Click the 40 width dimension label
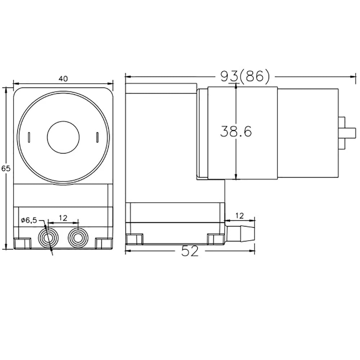pyautogui.click(x=63, y=79)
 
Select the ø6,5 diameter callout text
pyautogui.click(x=29, y=220)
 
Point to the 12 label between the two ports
pyautogui.click(x=63, y=218)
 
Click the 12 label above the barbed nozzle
pyautogui.click(x=240, y=216)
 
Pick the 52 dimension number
pyautogui.click(x=190, y=251)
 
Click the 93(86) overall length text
pyautogui.click(x=244, y=76)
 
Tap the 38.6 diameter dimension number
pyautogui.click(x=236, y=132)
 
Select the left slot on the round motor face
pyautogui.click(x=29, y=137)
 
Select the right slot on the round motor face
pyautogui.click(x=97, y=137)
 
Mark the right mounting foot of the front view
pyautogui.click(x=104, y=243)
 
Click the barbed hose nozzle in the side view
pyautogui.click(x=240, y=233)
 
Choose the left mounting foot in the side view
pyautogui.click(x=134, y=239)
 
